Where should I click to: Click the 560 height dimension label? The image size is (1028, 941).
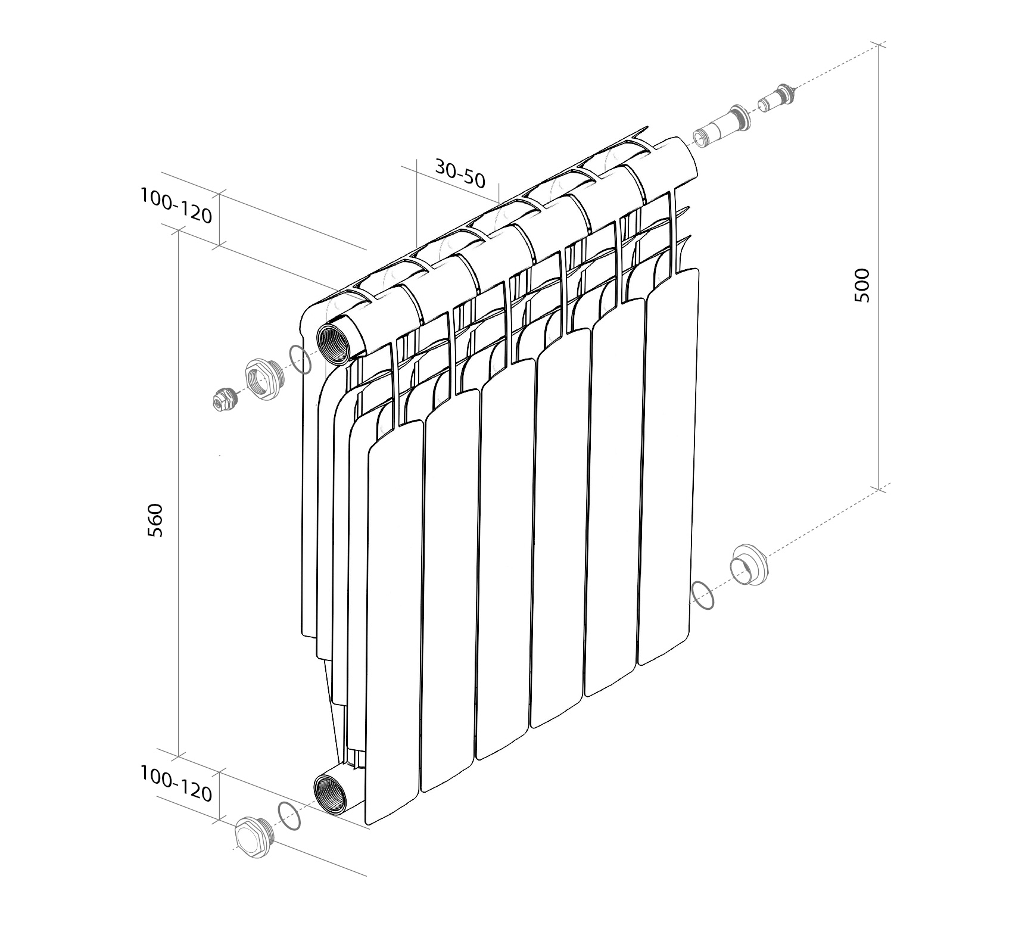click(155, 520)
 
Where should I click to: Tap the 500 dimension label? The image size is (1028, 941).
click(862, 285)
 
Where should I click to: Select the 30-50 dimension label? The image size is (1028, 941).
click(460, 173)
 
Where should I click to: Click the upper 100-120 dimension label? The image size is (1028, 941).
click(176, 205)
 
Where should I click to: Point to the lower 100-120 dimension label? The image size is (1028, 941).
click(176, 784)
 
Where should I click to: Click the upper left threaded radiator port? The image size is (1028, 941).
click(337, 344)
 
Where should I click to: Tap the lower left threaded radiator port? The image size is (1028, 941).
click(331, 794)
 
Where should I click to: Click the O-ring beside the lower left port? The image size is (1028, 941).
click(289, 816)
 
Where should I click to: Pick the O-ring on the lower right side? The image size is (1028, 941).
click(703, 595)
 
